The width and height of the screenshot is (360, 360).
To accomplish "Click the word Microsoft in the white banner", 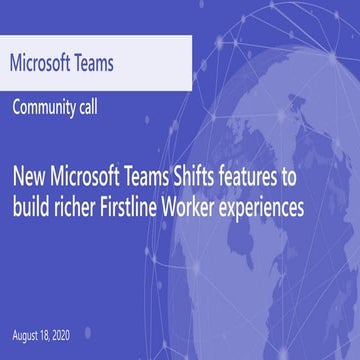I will (x=46, y=64).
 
